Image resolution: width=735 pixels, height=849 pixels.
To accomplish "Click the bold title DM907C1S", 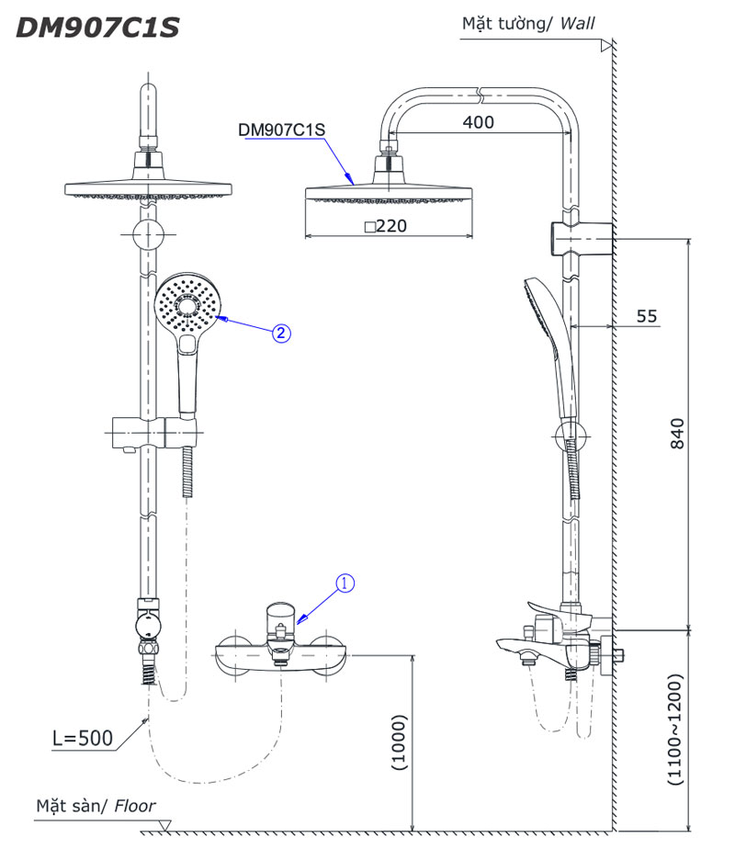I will point(97,28).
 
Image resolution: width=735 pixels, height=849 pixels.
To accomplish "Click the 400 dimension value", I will point(478,121).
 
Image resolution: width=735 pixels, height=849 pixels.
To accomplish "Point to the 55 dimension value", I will point(647,316).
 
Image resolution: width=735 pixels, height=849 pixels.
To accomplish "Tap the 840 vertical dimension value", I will point(677,435).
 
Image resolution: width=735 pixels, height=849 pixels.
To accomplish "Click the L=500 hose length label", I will point(82,737).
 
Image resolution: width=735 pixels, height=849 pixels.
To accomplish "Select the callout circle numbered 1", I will point(345,583).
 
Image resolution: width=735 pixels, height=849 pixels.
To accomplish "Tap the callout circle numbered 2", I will point(282,333).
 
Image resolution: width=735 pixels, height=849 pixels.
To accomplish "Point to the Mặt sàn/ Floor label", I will point(96,806).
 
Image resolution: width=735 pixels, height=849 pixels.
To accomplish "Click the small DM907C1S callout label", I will point(281,130).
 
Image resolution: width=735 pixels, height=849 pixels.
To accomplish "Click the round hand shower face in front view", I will point(189,305).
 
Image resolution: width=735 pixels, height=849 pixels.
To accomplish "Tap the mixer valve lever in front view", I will point(280,616).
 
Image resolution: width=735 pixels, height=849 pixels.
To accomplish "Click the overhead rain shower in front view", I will point(145,188).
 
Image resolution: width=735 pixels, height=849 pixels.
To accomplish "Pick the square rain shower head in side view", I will point(390,194).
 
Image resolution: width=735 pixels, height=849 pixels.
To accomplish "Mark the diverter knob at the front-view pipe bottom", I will point(145,626).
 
